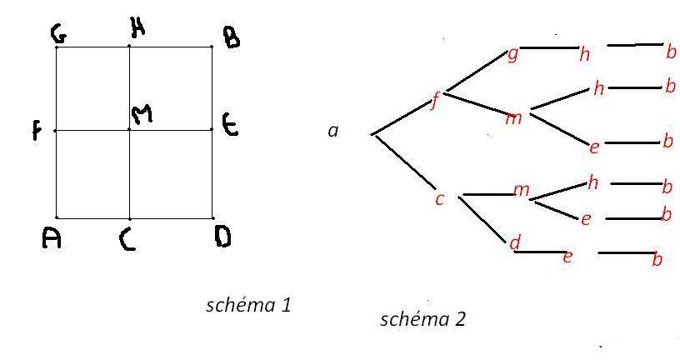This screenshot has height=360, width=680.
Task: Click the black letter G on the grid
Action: tap(58, 34)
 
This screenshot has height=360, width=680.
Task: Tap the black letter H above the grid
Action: tap(137, 30)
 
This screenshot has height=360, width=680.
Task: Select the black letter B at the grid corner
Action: tap(231, 37)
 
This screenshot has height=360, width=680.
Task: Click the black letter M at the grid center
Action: tap(143, 116)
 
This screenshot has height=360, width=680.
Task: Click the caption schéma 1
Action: tap(248, 305)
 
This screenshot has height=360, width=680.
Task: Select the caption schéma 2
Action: tap(422, 319)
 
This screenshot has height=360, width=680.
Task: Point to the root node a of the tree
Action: tap(333, 131)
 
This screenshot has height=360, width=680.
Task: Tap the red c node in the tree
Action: tap(439, 199)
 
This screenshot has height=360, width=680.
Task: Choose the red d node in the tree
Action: tap(514, 242)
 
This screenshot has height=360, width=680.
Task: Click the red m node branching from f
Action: tap(514, 117)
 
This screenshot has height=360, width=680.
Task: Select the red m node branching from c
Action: tap(522, 191)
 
